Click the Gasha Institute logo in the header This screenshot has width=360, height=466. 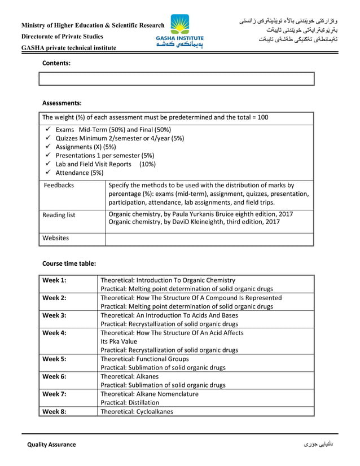pyautogui.click(x=180, y=32)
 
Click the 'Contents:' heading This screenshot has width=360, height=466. pyautogui.click(x=56, y=63)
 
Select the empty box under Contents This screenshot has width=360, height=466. pyautogui.click(x=176, y=78)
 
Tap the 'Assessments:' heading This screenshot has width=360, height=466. pyautogui.click(x=62, y=103)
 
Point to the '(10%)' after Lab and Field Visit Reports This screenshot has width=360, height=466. pyautogui.click(x=148, y=164)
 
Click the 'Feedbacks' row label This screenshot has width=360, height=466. pyautogui.click(x=59, y=185)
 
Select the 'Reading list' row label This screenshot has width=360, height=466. pyautogui.click(x=59, y=215)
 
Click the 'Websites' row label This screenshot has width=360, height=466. pyautogui.click(x=56, y=238)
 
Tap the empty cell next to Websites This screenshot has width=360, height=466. pyautogui.click(x=209, y=239)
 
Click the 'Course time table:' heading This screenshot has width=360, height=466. pyautogui.click(x=69, y=263)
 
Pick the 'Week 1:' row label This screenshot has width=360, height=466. pyautogui.click(x=55, y=280)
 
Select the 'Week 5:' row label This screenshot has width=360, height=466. pyautogui.click(x=55, y=359)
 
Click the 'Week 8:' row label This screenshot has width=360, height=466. pyautogui.click(x=55, y=411)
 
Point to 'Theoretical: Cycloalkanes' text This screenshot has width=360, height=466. pyautogui.click(x=137, y=411)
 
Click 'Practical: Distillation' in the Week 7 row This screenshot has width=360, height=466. pyautogui.click(x=130, y=403)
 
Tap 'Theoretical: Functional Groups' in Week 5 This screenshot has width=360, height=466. pyautogui.click(x=144, y=359)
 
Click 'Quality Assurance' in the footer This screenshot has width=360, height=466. pyautogui.click(x=51, y=445)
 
